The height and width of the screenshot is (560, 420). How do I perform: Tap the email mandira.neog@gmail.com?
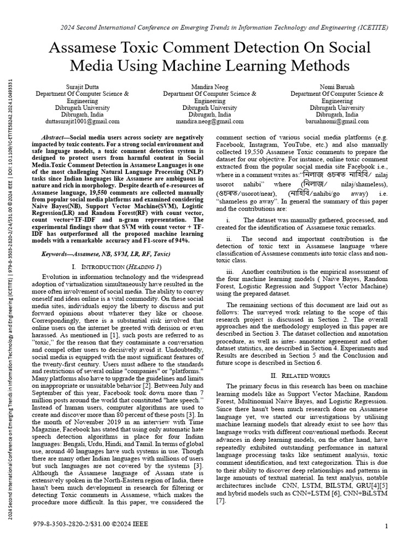coord(209,122)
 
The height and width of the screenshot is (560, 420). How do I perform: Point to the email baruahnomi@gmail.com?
coord(337,122)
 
